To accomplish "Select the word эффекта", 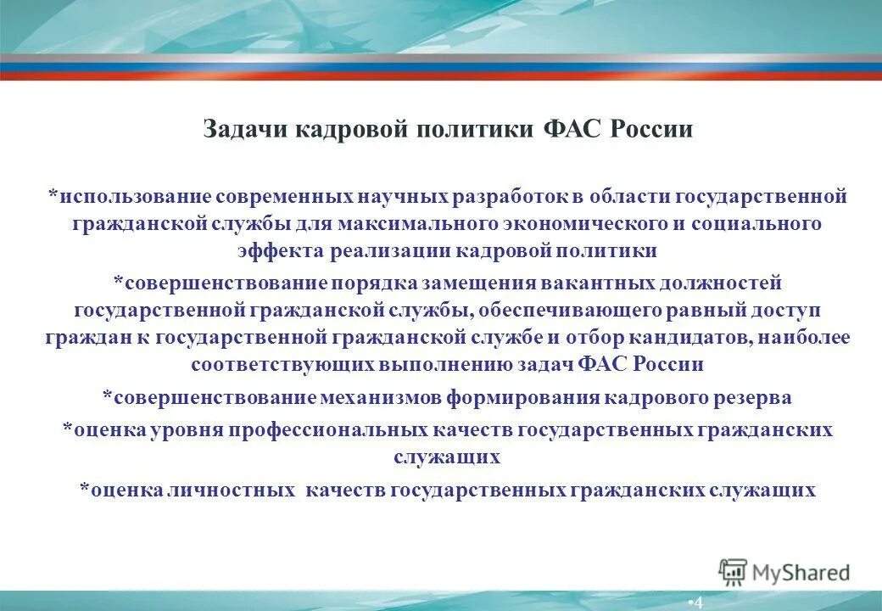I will click(276, 251).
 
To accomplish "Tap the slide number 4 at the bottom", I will click(697, 603).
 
